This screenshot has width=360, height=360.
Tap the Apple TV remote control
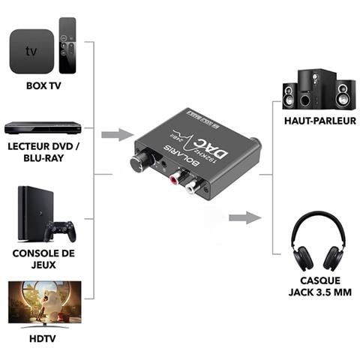pyautogui.click(x=67, y=46)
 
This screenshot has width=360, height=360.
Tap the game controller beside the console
pyautogui.click(x=59, y=230)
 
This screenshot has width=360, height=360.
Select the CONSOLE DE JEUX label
pyautogui.click(x=43, y=258)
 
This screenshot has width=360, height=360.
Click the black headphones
pyautogui.click(x=314, y=241)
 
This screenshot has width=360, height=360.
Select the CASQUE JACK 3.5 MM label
pyautogui.click(x=315, y=287)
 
